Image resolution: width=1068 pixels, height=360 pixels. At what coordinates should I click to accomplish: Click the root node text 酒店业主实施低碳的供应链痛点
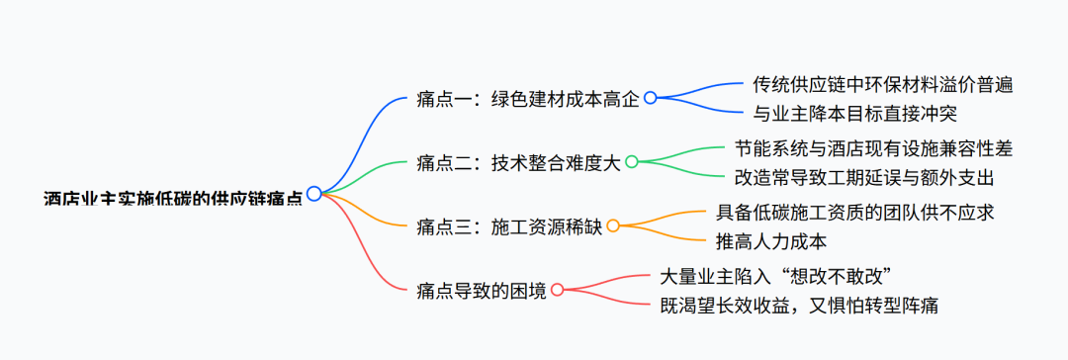point(174,197)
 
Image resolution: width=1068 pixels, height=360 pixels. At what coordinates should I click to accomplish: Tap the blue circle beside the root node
point(313,194)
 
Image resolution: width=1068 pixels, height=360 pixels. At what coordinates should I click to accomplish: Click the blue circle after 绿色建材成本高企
point(650,98)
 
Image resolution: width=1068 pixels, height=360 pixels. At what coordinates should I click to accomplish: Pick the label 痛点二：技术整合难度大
point(518,162)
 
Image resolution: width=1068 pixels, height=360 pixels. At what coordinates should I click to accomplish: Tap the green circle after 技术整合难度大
point(631,162)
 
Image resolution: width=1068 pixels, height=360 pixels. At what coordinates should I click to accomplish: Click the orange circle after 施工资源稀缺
point(612,226)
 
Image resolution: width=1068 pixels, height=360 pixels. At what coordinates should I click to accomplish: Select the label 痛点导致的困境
point(481,291)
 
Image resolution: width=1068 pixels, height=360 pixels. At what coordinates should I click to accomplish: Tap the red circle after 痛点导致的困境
point(557,290)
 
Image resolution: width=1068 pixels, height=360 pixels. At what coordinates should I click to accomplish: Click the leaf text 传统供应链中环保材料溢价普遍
point(882,84)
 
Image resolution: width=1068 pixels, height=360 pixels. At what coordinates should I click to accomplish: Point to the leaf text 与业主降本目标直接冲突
point(854,113)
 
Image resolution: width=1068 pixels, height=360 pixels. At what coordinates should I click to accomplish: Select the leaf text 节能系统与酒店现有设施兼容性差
point(873,147)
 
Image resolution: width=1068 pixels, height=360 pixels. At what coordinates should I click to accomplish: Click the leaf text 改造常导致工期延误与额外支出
point(863,177)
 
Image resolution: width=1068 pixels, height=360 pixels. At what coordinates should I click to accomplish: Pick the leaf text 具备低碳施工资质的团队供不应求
point(854,212)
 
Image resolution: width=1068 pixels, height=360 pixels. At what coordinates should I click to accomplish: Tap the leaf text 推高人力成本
point(770,240)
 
